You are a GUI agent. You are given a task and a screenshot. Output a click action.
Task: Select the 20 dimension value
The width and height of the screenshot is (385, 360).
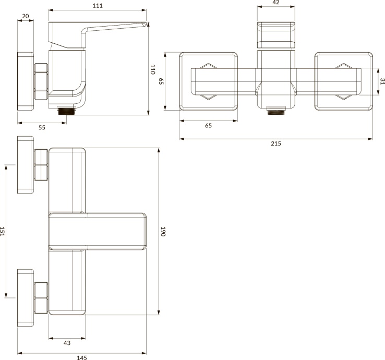(26, 16)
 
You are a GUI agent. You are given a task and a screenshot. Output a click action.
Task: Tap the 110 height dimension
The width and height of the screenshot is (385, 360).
(153, 69)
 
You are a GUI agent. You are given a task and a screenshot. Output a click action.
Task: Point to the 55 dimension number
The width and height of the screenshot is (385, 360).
(42, 127)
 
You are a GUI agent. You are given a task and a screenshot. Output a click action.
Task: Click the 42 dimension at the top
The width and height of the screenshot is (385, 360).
(276, 3)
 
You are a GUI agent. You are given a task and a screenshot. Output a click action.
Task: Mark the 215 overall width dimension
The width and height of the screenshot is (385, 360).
(276, 143)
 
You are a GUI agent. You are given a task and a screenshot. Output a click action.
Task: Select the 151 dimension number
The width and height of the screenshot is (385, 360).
(3, 232)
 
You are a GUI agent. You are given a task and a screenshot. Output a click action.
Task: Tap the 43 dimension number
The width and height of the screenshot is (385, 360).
(67, 343)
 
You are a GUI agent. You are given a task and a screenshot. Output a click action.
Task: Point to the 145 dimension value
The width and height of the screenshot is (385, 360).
(81, 357)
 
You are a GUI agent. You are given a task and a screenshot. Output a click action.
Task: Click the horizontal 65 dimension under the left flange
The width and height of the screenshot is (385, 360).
(208, 125)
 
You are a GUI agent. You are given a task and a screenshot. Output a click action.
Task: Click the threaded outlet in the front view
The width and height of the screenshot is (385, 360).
(276, 111)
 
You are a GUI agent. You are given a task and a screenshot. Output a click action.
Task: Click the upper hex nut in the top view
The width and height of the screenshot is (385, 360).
(41, 164)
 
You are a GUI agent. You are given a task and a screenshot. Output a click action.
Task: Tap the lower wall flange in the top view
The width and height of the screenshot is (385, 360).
(26, 298)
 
